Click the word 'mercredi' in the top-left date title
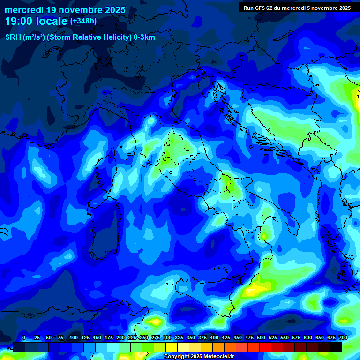[24, 10]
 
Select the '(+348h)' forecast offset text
[83, 21]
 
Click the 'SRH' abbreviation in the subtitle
[13, 37]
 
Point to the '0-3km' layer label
[144, 37]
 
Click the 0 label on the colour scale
[24, 337]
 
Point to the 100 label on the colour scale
[74, 337]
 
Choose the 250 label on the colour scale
[144, 337]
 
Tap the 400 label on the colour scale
[214, 337]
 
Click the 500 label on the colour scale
[261, 337]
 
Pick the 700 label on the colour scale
[343, 337]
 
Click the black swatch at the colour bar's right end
[336, 347]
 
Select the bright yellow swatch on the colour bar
[172, 347]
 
